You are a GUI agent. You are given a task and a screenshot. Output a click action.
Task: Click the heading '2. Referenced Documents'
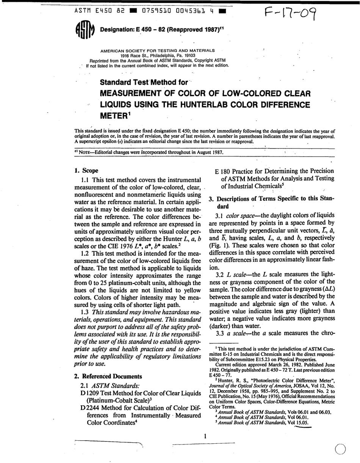click(108, 376)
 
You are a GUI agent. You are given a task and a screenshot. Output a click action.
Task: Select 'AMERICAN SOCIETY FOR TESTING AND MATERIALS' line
click(157, 50)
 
